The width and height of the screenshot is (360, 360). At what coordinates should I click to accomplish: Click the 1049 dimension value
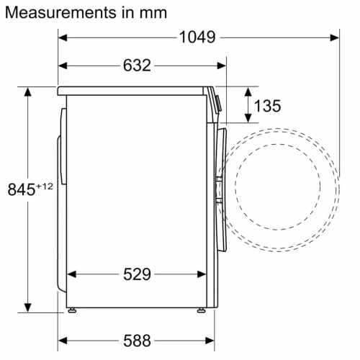click(x=197, y=37)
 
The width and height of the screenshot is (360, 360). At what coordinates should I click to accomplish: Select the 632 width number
click(x=136, y=66)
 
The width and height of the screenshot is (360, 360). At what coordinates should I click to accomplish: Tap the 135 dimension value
click(x=267, y=106)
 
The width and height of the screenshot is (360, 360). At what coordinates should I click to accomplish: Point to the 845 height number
click(x=22, y=190)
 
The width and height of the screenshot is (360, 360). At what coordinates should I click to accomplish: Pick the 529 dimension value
click(x=136, y=274)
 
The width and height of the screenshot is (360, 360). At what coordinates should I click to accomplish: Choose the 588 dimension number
click(x=136, y=339)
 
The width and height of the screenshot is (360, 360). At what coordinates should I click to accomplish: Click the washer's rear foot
click(x=71, y=310)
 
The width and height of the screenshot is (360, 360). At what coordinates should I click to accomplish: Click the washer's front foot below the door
click(x=199, y=310)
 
